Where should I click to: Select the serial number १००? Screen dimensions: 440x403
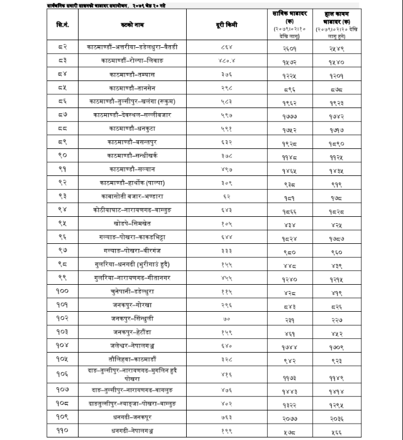63,292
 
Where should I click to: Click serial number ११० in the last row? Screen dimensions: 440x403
63,431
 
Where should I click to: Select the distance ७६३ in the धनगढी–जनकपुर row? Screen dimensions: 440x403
227,417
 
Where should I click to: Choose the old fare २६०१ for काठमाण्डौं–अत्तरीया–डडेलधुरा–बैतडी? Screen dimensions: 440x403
289,47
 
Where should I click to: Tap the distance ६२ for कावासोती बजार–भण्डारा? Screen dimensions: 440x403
227,196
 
